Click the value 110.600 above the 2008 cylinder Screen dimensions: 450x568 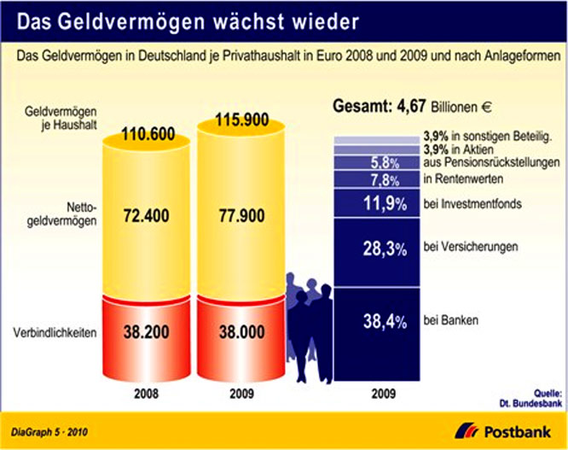[150, 134]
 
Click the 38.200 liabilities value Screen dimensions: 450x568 [150, 336]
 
